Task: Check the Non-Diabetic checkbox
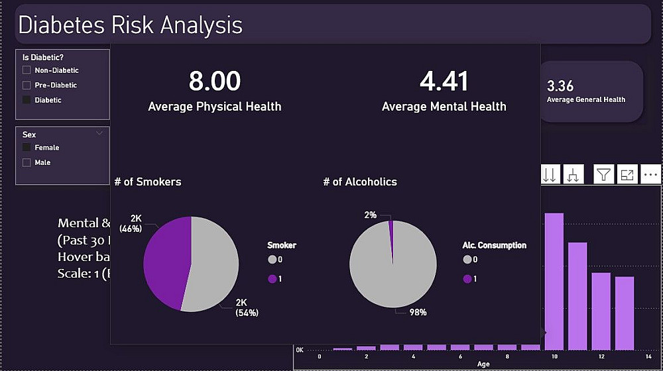27,70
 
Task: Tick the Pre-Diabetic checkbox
27,85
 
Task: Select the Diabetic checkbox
27,100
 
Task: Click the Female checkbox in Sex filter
27,148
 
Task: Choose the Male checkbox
27,162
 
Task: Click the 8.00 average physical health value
214,81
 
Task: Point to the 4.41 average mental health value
444,81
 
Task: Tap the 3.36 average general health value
560,86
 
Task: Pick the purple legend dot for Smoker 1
272,279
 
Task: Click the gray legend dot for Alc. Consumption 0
467,260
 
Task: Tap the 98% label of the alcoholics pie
418,312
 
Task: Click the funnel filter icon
603,174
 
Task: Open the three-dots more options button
650,174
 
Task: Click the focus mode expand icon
627,174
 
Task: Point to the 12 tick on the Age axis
601,356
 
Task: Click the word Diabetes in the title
61,25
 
